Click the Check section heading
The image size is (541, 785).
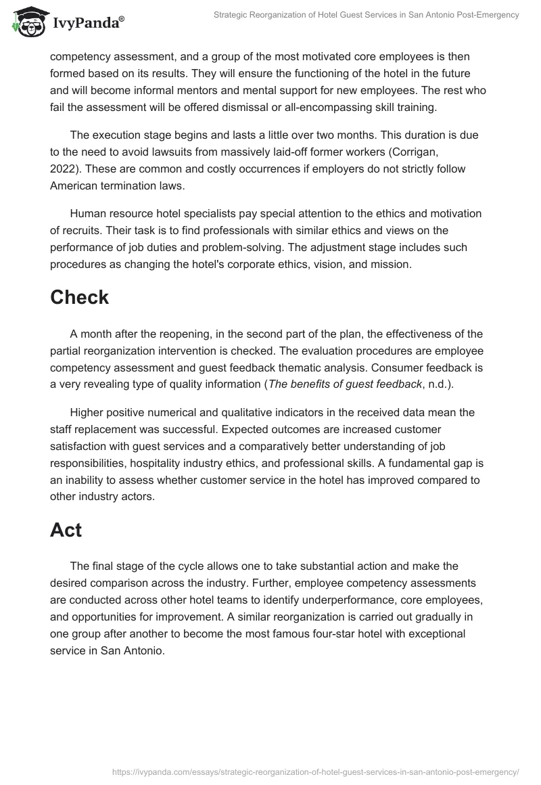click(x=79, y=297)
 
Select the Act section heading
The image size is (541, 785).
click(x=66, y=530)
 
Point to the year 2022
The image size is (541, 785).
click(x=63, y=169)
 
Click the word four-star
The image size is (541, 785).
click(x=362, y=634)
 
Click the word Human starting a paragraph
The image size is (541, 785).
click(x=87, y=213)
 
